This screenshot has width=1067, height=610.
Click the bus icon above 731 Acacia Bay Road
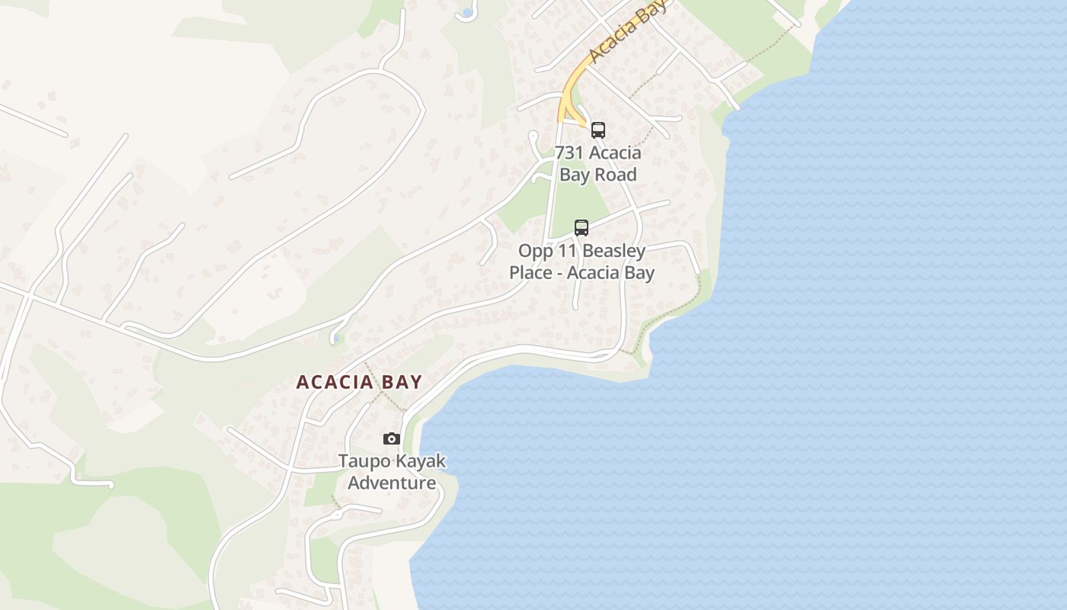tap(598, 130)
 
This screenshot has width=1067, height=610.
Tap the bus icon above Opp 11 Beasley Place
tap(582, 227)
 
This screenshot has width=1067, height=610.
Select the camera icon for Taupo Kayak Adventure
tap(392, 438)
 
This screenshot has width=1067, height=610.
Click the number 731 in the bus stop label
tap(569, 152)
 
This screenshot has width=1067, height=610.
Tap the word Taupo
tap(364, 461)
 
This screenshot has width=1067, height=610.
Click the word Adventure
tap(392, 483)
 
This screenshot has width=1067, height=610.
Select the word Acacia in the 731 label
tap(614, 152)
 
